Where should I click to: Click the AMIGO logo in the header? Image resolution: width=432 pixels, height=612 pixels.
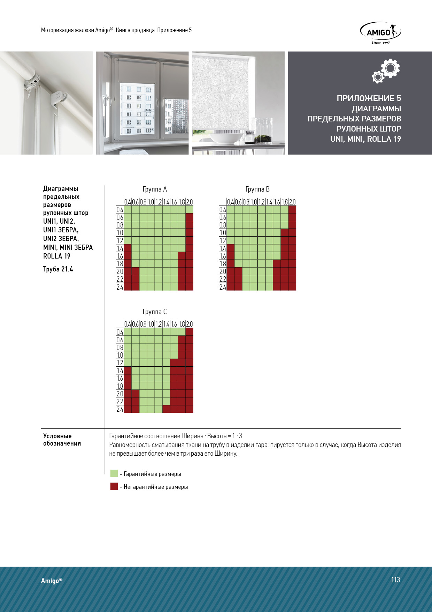(380, 32)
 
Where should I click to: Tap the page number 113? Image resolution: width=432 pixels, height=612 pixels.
(395, 580)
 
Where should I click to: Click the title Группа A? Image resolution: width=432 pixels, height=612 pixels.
(155, 189)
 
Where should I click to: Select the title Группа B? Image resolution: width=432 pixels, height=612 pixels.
(257, 189)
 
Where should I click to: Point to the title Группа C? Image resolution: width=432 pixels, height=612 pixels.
(155, 312)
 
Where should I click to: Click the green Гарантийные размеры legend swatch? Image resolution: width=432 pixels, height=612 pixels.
(114, 473)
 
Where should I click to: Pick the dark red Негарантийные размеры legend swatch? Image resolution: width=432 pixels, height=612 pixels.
(114, 486)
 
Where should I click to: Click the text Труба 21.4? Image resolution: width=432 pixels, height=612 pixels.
(58, 269)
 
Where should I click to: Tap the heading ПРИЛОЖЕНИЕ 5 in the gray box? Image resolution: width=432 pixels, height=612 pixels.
(369, 98)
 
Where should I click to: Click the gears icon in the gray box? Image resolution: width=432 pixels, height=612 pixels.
(386, 70)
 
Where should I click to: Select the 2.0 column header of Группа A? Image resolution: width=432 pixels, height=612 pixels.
(190, 202)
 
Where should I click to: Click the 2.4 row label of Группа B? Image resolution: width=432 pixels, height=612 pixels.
(223, 287)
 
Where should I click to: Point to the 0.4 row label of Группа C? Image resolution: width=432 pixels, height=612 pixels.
(120, 332)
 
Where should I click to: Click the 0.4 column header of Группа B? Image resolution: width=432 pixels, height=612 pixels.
(231, 202)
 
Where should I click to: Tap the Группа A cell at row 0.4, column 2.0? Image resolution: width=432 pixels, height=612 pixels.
(190, 209)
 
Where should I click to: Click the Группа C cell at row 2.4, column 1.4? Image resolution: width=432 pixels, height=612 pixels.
(166, 409)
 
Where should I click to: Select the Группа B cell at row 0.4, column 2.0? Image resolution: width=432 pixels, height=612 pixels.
(292, 209)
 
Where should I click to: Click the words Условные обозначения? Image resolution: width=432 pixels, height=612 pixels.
(62, 440)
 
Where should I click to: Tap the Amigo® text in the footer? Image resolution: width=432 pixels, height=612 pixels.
(52, 580)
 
